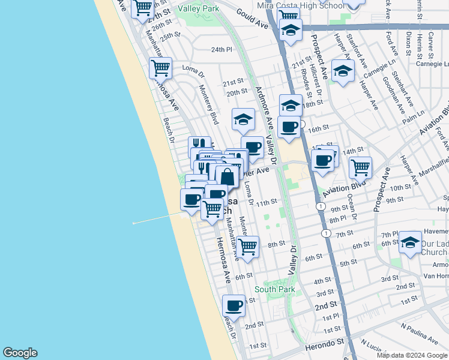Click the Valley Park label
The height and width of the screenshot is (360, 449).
(202, 9)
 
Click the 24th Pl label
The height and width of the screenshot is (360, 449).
(221, 50)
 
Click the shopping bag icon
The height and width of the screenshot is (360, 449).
(228, 177)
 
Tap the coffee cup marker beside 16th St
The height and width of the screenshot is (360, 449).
(289, 127)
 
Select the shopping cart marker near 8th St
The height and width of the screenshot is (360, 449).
(247, 246)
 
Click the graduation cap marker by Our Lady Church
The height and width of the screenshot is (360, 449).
(410, 243)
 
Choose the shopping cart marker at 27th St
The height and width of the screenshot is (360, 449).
(142, 8)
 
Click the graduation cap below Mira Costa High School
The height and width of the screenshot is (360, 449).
(290, 29)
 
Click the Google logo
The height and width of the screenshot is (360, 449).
(20, 353)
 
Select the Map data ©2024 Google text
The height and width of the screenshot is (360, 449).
(412, 355)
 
